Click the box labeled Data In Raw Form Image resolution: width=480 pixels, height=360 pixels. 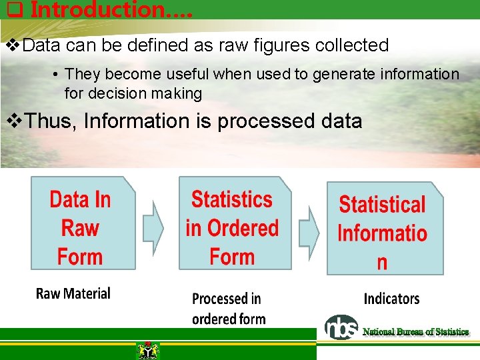(x=82, y=223)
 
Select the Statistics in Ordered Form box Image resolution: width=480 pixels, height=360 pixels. (x=234, y=223)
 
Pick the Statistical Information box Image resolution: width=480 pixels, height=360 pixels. (x=384, y=229)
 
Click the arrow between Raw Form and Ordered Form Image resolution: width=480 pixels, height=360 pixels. (x=154, y=227)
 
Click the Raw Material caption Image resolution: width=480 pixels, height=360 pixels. (x=73, y=293)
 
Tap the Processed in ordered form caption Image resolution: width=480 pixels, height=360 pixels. (x=229, y=309)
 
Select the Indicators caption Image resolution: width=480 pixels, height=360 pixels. (x=391, y=298)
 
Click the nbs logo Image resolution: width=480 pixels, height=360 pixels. (x=341, y=327)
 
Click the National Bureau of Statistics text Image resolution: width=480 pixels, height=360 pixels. (x=415, y=331)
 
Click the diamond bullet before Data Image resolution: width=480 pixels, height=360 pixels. (x=12, y=45)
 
